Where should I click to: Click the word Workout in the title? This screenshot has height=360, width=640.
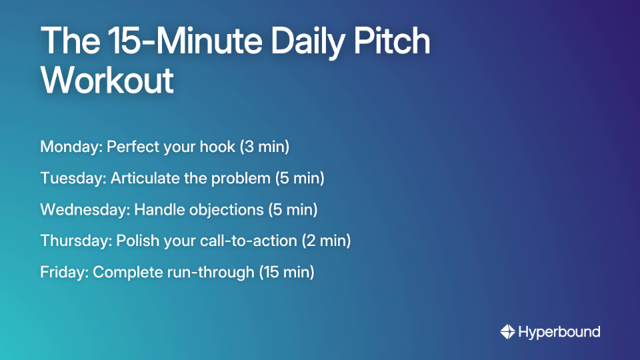tap(107, 80)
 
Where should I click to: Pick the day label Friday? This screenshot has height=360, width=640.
tap(64, 272)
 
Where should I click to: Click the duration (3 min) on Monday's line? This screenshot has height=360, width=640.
tap(264, 147)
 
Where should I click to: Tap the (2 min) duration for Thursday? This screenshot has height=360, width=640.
tap(326, 241)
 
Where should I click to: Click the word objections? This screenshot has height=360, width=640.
tap(224, 209)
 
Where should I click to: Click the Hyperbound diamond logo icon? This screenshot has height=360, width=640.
tap(507, 331)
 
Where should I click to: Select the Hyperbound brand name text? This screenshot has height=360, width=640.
tap(559, 331)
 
